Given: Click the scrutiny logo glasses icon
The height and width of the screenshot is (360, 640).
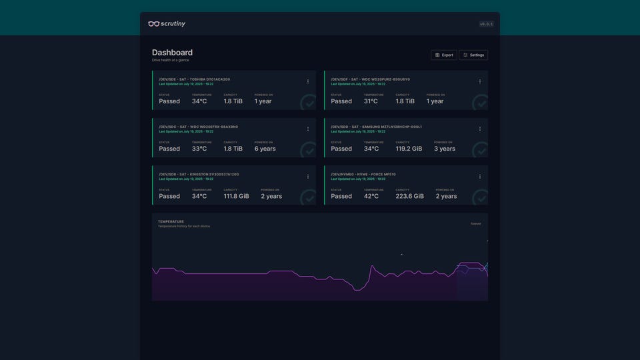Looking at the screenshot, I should pos(153,24).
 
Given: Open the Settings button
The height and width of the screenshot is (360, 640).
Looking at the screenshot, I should pos(473,55).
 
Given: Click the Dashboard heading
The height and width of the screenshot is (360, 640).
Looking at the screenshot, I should pos(172,53).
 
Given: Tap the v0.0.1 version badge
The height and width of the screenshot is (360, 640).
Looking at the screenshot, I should pos(486,24).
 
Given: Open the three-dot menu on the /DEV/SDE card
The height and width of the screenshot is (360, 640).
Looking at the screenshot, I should pos(308,81).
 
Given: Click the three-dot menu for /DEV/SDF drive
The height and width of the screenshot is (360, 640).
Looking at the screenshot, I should pos(480,81).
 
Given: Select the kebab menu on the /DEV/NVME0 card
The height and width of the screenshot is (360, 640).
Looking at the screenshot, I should pos(480,177).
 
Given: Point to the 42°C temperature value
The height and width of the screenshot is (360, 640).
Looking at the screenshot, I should pos(371,196).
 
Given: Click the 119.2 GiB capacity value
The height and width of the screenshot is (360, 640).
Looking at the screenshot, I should pos(409,149).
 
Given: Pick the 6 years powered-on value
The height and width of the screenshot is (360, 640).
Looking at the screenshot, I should pos(265,149).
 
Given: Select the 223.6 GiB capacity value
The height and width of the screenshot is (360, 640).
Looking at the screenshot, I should pos(410,196).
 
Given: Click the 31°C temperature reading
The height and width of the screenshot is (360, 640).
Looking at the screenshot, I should pos(371,101).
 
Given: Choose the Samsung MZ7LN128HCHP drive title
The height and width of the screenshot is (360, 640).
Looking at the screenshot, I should pos(376,127).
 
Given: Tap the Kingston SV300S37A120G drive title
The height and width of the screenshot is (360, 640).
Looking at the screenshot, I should pos(199,174).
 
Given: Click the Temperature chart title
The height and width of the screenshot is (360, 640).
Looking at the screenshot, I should pos(171,221).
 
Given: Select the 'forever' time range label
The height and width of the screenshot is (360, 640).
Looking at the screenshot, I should pos(476,224).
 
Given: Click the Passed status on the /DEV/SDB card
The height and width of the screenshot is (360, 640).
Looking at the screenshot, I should pos(169,196).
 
